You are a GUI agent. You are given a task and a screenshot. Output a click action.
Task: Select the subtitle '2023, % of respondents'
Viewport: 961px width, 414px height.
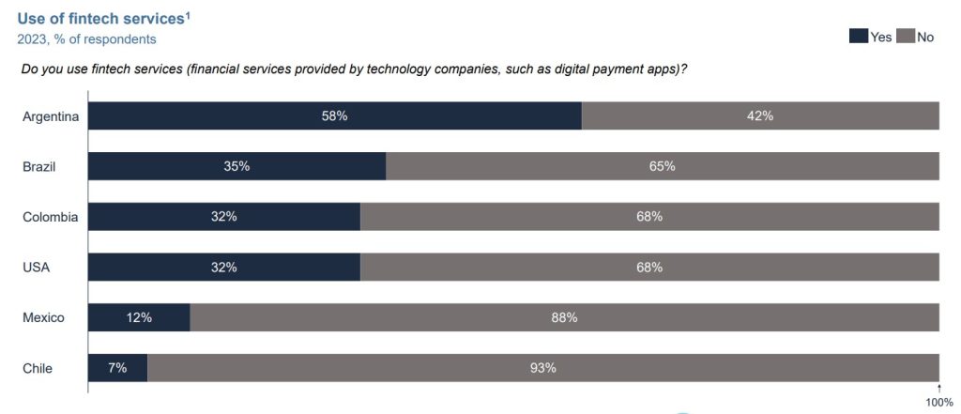[x=87, y=39]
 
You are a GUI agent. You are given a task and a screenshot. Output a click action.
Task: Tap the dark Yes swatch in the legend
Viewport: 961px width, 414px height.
[x=858, y=37]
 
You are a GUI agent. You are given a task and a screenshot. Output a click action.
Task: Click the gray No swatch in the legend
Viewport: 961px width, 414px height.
[x=905, y=37]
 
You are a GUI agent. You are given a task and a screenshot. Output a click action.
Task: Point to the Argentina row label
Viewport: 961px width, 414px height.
[x=51, y=116]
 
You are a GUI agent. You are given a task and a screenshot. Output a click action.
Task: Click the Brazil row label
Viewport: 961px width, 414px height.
[x=39, y=166]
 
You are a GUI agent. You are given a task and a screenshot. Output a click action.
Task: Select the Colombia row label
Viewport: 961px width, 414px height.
[x=50, y=217]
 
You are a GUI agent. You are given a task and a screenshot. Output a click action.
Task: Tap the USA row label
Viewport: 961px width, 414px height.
[x=36, y=268]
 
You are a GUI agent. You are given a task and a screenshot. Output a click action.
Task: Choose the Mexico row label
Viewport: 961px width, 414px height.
[x=43, y=317]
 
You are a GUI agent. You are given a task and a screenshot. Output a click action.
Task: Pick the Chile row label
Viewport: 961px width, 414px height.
[x=38, y=368]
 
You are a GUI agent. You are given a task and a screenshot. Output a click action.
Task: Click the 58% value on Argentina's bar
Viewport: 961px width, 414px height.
[x=335, y=116]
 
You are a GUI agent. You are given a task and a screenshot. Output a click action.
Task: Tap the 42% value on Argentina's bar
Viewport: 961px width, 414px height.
[x=760, y=116]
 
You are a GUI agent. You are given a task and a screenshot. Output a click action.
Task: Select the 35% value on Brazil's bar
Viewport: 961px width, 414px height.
[x=236, y=166]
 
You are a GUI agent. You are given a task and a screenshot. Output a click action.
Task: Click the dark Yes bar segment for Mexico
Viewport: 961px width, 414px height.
[x=139, y=317]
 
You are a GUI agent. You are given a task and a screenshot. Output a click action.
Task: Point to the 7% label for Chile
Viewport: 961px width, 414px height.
[x=117, y=368]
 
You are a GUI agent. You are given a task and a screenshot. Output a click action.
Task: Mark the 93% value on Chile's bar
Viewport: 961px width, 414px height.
[x=543, y=368]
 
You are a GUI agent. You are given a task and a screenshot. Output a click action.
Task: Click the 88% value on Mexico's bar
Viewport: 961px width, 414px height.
[x=564, y=317]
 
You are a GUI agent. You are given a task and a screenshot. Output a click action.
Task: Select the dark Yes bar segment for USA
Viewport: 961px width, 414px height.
[x=224, y=268]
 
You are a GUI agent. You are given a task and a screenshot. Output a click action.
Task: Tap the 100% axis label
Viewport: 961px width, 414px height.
[x=939, y=403]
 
